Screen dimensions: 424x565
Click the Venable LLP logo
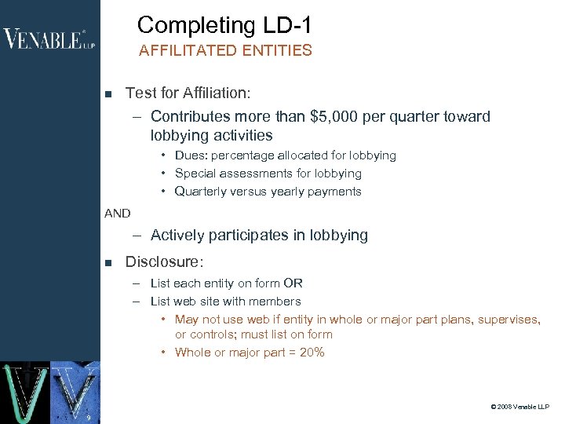click(x=49, y=38)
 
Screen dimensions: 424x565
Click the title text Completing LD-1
click(x=224, y=25)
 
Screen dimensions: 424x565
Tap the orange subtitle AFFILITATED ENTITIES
click(x=225, y=51)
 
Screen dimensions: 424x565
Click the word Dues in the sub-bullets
click(x=190, y=155)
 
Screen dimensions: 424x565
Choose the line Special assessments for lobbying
click(x=268, y=173)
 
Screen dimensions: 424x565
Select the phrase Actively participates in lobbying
click(x=259, y=235)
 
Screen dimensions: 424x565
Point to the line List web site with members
click(x=225, y=301)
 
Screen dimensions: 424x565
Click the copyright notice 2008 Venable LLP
click(x=519, y=407)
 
